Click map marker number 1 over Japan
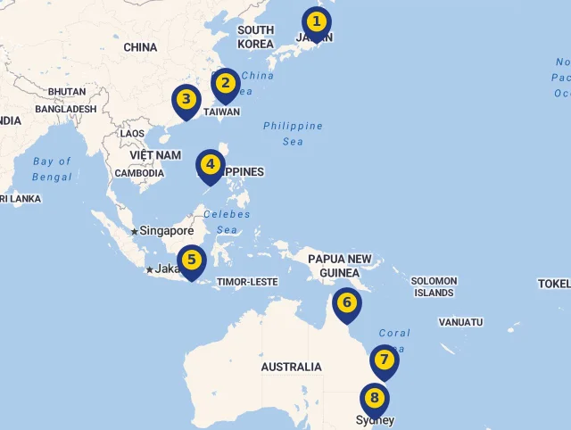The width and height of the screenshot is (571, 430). [316, 21]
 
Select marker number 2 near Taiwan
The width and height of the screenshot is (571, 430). [226, 84]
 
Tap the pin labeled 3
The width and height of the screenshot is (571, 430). [186, 100]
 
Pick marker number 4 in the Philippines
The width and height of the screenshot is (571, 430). [210, 165]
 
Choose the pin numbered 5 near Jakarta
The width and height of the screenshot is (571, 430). [191, 261]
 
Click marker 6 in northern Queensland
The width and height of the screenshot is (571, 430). [347, 303]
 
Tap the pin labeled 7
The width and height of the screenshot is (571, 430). [384, 360]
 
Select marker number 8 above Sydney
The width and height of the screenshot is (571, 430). [375, 399]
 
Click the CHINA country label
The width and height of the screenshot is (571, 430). [140, 47]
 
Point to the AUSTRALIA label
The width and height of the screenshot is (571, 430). [291, 367]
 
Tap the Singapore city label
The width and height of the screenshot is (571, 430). [166, 230]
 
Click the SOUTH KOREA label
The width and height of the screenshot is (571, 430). [256, 37]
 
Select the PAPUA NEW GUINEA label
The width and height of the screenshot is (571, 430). [339, 265]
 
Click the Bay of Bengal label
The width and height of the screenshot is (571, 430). [52, 169]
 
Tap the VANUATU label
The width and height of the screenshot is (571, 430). [460, 322]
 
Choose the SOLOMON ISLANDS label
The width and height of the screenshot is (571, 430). [434, 286]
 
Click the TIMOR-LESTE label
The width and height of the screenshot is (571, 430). [247, 282]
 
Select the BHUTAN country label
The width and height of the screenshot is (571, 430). [67, 92]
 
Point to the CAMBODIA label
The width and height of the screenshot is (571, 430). [139, 173]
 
